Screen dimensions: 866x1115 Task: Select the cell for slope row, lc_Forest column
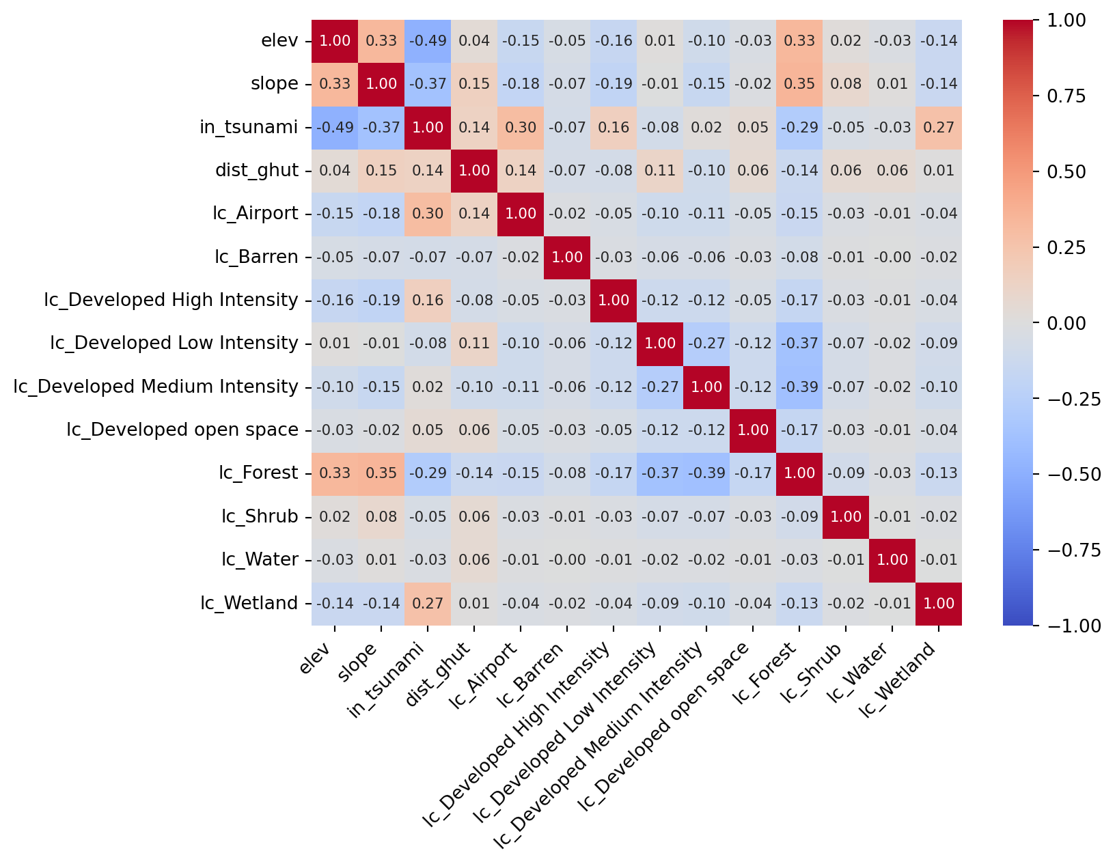799,84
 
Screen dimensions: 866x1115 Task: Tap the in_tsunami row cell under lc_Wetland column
939,127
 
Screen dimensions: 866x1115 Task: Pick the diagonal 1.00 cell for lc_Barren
567,257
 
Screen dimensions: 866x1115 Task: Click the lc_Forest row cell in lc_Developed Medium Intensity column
706,473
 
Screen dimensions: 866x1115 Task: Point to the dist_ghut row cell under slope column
381,171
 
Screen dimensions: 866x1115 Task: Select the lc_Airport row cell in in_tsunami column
428,214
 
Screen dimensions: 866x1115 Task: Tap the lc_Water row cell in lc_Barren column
567,560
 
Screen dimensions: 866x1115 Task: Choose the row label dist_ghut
258,171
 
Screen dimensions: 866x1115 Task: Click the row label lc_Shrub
260,516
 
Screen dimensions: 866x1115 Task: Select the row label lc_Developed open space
182,430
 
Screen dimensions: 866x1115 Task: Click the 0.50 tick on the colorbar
1067,171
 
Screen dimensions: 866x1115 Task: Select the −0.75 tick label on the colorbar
1073,550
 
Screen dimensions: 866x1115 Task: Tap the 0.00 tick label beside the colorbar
1067,322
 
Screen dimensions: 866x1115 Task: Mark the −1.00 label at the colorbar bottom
1073,625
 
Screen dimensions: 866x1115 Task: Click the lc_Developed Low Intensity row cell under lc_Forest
799,344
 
